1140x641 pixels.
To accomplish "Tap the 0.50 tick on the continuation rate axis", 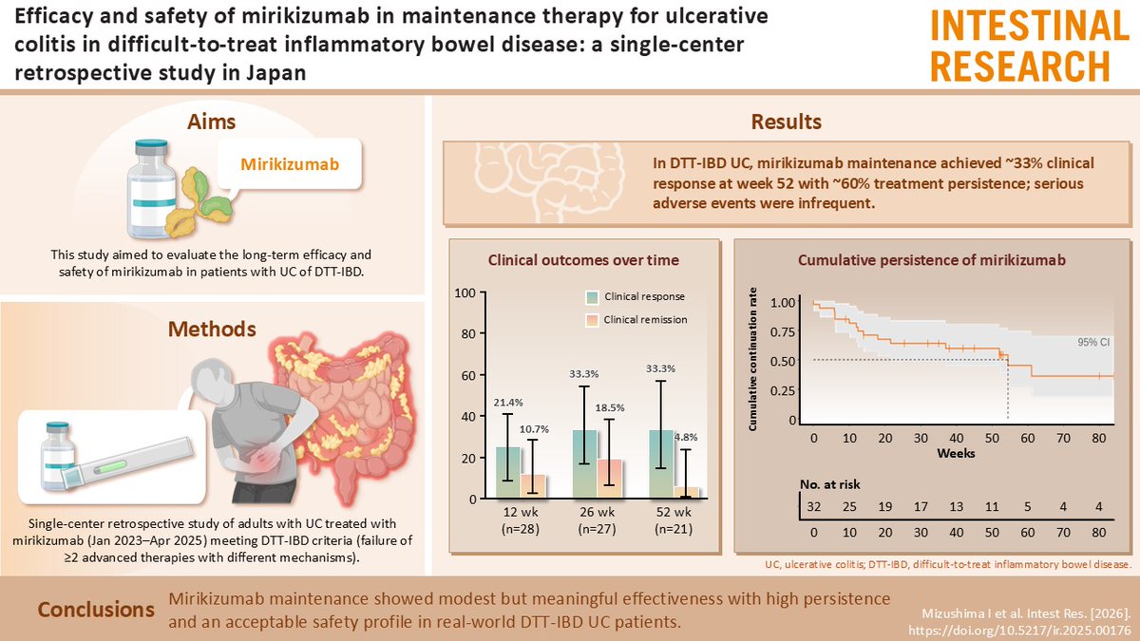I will [x=786, y=362].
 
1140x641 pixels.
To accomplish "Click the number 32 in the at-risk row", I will [x=814, y=507].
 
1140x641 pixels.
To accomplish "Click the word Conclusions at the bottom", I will [x=95, y=609].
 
